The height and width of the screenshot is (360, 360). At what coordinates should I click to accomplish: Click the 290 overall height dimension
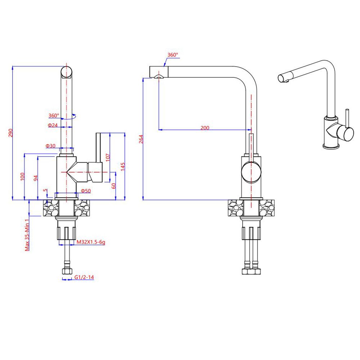10,133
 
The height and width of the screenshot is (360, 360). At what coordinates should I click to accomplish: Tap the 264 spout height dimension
141,139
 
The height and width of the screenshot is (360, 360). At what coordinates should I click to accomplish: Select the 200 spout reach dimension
205,128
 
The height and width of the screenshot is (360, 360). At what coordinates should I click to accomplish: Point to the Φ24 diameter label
53,125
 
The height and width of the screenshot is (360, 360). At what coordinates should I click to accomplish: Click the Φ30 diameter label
50,146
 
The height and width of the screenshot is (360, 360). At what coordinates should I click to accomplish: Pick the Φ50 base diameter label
86,190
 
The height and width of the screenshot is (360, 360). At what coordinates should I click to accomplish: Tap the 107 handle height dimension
108,157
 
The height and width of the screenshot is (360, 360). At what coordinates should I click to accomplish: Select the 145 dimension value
123,166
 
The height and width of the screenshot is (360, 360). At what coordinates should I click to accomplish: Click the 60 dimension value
113,186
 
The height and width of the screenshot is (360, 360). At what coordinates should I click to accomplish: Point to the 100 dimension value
22,176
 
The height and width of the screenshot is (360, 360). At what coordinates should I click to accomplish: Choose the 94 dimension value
35,178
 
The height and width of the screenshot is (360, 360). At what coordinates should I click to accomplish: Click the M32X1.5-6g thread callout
91,242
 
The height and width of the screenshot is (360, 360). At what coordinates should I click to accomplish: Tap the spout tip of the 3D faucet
283,78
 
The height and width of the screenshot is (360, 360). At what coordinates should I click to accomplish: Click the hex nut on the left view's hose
67,271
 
